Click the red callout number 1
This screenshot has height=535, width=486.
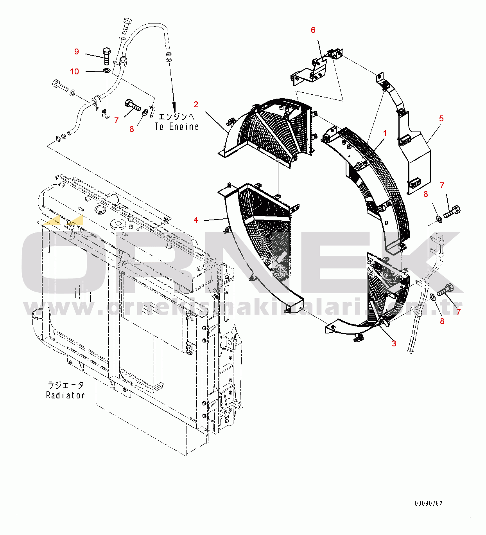pos(385,133)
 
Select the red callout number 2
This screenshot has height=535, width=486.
pos(196,104)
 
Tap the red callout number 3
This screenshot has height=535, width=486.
pos(394,343)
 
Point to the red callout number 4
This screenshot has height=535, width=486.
pos(196,220)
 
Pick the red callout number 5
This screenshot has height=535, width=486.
pos(441,118)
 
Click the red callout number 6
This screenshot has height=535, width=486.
pos(313,30)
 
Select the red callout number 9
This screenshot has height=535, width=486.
pos(77,52)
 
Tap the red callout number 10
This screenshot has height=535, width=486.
pos(74,71)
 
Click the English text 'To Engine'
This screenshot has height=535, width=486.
pos(176,126)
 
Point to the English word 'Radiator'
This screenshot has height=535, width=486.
pos(65,395)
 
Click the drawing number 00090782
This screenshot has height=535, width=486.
pos(429,503)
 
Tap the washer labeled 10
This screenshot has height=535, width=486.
pos(106,70)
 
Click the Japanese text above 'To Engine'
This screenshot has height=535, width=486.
pos(176,116)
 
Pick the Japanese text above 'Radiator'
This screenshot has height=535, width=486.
pos(66,385)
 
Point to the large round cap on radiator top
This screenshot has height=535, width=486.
pos(117,224)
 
